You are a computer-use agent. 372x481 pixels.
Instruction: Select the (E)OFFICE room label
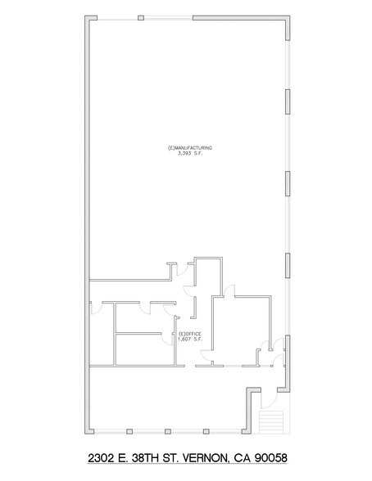[190, 334]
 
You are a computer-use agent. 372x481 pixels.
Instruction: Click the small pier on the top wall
[141, 17]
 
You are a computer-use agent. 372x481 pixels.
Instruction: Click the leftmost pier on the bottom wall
[130, 431]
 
